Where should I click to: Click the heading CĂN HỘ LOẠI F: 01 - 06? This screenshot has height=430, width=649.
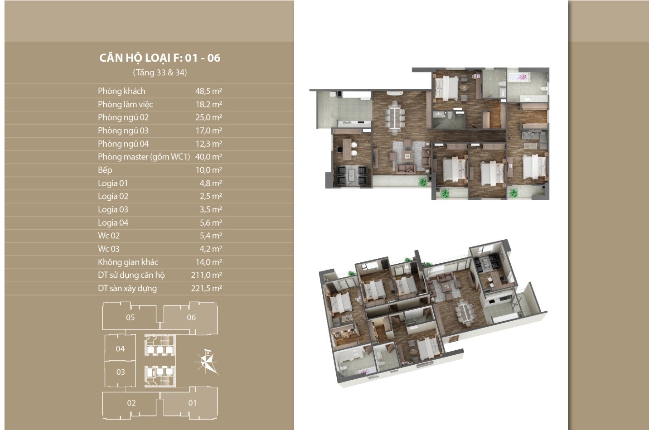point(160,58)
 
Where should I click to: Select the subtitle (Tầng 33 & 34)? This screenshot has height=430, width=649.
point(160,72)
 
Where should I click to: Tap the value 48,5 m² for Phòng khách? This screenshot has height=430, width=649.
point(208,91)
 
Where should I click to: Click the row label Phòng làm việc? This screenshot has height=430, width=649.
point(125,104)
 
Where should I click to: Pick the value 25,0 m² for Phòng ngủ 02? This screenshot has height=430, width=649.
point(208,117)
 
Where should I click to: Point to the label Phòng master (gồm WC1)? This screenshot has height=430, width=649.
point(144,157)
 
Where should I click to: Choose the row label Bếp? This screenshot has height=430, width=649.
point(105,170)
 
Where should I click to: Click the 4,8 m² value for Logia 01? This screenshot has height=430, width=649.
point(211,183)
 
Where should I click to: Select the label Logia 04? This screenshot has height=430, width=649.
point(113,222)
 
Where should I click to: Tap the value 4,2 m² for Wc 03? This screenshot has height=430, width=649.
point(211,249)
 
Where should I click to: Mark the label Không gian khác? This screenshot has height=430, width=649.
point(128,262)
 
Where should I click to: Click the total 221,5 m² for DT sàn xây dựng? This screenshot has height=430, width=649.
point(206,288)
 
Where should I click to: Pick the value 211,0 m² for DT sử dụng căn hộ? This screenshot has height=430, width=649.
point(206,275)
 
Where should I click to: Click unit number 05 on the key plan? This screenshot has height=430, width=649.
point(131,317)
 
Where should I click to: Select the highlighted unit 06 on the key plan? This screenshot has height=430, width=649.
point(191,317)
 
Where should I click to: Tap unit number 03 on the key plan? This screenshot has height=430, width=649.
point(121,372)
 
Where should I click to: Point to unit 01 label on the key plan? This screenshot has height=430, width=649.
point(192,403)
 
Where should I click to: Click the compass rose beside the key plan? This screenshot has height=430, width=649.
point(207,362)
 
